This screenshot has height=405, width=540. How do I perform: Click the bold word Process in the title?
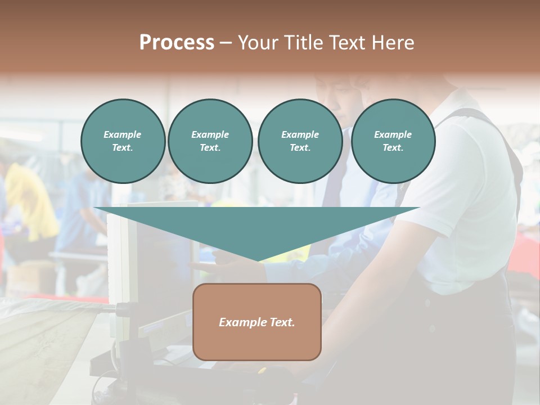177,43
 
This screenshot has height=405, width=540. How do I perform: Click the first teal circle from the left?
123,141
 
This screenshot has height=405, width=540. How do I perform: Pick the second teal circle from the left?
210,141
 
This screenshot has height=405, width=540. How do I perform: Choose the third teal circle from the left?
300,141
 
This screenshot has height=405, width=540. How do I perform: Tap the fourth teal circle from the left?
393,141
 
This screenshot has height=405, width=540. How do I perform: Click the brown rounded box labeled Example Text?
257,322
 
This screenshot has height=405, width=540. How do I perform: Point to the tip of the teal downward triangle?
258,260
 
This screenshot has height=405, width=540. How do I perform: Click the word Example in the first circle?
123,134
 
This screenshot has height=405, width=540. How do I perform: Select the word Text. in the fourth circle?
393,148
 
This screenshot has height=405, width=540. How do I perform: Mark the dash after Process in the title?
226,43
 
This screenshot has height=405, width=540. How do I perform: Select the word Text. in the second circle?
210,148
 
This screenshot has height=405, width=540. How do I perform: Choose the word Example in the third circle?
300,134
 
